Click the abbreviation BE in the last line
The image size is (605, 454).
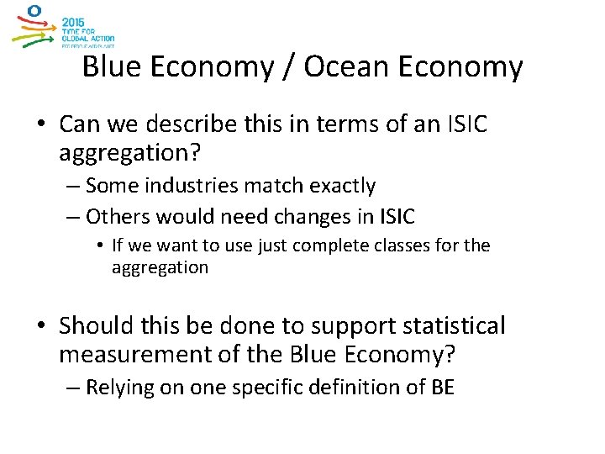click(441, 388)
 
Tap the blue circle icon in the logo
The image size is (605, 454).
click(34, 11)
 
